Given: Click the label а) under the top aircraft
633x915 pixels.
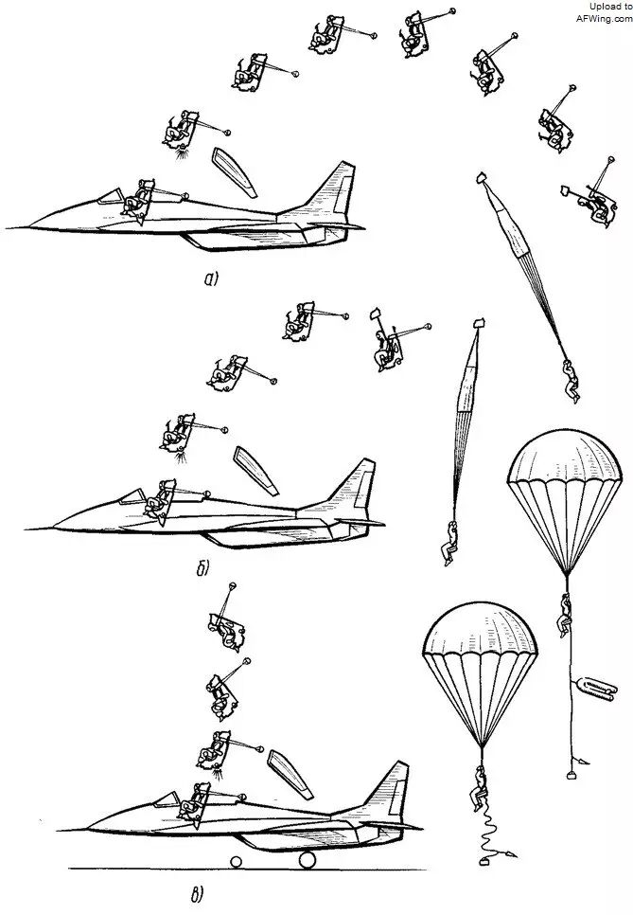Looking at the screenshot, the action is coord(211,278).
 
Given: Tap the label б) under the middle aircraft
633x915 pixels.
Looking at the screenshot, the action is coord(202,568).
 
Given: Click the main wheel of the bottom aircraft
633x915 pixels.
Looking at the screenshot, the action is coord(308,858).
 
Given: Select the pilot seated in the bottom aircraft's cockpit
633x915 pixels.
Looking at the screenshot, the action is coord(198,801).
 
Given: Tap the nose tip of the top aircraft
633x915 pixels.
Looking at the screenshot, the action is coord(8,228).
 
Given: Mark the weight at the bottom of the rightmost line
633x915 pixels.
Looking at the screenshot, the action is coord(571,775).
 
